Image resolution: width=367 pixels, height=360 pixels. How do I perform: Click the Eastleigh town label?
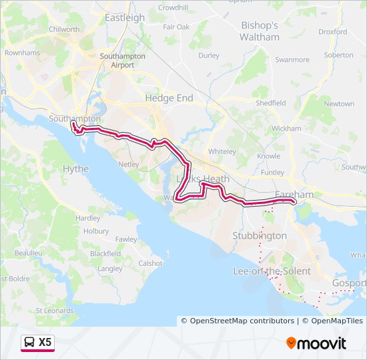(125, 18)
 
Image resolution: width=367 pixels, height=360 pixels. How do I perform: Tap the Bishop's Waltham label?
(260, 31)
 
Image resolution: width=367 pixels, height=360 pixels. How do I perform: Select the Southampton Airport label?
(122, 61)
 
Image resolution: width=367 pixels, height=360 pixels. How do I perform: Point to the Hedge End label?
(169, 98)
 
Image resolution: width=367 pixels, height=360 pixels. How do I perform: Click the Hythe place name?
(75, 169)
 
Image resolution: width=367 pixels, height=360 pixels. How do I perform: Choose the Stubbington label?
(260, 235)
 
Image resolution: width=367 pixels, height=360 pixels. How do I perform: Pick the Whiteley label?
(222, 151)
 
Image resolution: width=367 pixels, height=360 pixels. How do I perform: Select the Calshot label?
(150, 263)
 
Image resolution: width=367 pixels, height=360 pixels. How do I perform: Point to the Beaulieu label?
(28, 253)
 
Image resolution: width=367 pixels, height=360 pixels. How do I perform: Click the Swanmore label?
(292, 59)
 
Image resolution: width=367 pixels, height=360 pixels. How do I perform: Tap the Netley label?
(128, 163)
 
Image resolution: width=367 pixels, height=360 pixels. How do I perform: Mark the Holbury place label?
(96, 231)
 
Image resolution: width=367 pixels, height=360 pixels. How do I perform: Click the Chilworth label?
(65, 29)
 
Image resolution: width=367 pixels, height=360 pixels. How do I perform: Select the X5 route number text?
(45, 343)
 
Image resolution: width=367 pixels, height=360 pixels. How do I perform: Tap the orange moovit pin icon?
(291, 343)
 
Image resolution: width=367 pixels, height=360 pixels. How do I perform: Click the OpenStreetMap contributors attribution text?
(242, 321)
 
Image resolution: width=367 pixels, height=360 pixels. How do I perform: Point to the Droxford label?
(332, 31)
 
